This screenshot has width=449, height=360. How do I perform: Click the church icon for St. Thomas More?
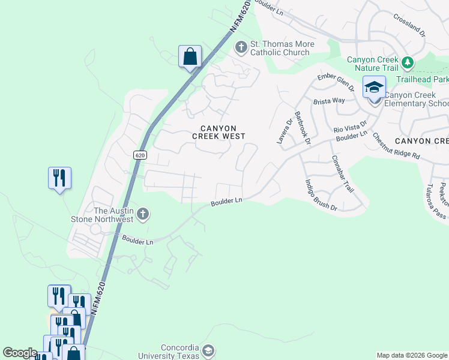[241, 47]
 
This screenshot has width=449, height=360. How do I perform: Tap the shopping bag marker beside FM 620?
[190, 57]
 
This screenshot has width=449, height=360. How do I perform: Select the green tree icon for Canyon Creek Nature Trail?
[408, 62]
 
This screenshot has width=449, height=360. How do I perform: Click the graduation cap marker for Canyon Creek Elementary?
[375, 88]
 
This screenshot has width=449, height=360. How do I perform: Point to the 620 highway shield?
[140, 155]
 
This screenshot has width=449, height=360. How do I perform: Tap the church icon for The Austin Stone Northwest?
[143, 213]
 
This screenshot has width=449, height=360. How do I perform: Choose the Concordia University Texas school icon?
[208, 350]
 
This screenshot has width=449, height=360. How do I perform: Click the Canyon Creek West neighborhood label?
[218, 133]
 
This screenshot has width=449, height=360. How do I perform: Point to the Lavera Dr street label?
[284, 130]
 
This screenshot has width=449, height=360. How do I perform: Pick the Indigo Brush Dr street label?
[321, 195]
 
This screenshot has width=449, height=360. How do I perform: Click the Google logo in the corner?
[20, 353]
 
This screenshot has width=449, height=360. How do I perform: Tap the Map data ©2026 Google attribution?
[411, 355]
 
